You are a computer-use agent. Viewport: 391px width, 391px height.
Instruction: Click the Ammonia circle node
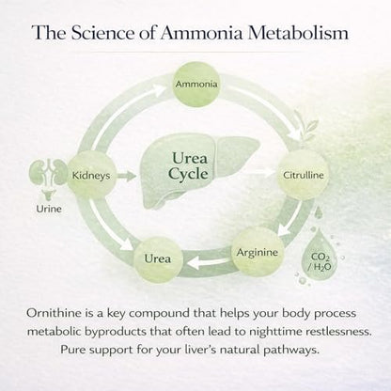click(196, 84)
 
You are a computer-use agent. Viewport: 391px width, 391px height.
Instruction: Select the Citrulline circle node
click(303, 175)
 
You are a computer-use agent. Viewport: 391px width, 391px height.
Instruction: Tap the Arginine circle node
click(257, 252)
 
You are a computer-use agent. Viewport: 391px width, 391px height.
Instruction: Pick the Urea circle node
click(158, 259)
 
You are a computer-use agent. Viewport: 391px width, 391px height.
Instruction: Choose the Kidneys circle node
click(91, 175)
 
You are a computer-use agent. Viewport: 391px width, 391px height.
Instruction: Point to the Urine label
click(49, 209)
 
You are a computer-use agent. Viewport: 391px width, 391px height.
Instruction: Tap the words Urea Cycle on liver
click(189, 165)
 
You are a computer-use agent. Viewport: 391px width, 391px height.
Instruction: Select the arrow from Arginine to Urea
click(208, 262)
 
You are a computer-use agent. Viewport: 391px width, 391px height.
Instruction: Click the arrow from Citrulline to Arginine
click(290, 218)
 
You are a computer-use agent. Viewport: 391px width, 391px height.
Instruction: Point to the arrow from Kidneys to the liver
click(127, 176)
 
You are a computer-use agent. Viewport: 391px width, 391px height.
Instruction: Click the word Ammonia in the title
click(201, 33)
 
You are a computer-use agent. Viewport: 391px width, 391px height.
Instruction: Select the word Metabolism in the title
click(298, 33)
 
